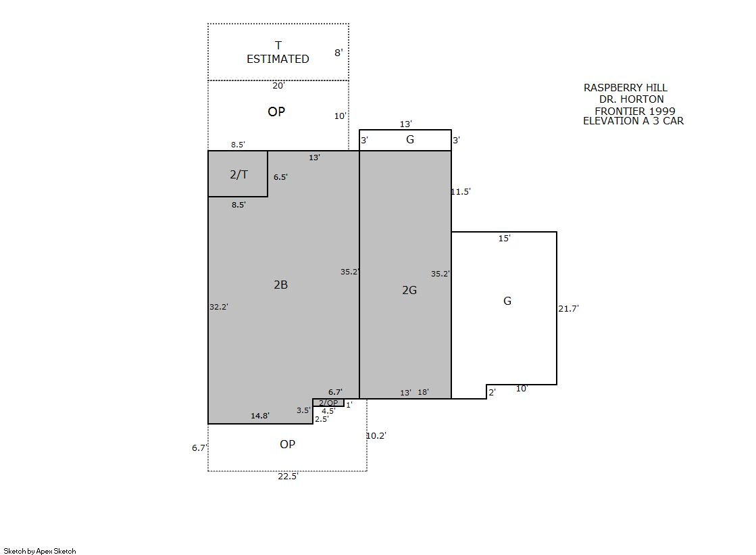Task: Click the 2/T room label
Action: coord(238,174)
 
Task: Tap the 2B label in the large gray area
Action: coord(280,285)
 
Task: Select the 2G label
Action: coord(409,290)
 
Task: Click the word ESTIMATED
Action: coord(278,59)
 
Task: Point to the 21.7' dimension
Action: coord(568,308)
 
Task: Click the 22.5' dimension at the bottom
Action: coord(288,477)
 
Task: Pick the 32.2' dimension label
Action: coord(219,306)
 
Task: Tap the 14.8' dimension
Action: coord(260,416)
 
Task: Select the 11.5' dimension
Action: coord(461,191)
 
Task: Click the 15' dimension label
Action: coord(504,238)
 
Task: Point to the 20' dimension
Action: coord(278,85)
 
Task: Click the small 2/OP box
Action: coord(328,402)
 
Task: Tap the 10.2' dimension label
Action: coord(376,436)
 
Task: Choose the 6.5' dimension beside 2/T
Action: coord(280,177)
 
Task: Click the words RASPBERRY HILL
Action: coord(626,88)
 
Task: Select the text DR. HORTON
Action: coord(632,99)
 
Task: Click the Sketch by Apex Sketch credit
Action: coord(40,551)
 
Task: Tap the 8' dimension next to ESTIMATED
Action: coord(338,53)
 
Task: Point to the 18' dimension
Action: coord(424,392)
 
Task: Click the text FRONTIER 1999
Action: coord(635,111)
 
